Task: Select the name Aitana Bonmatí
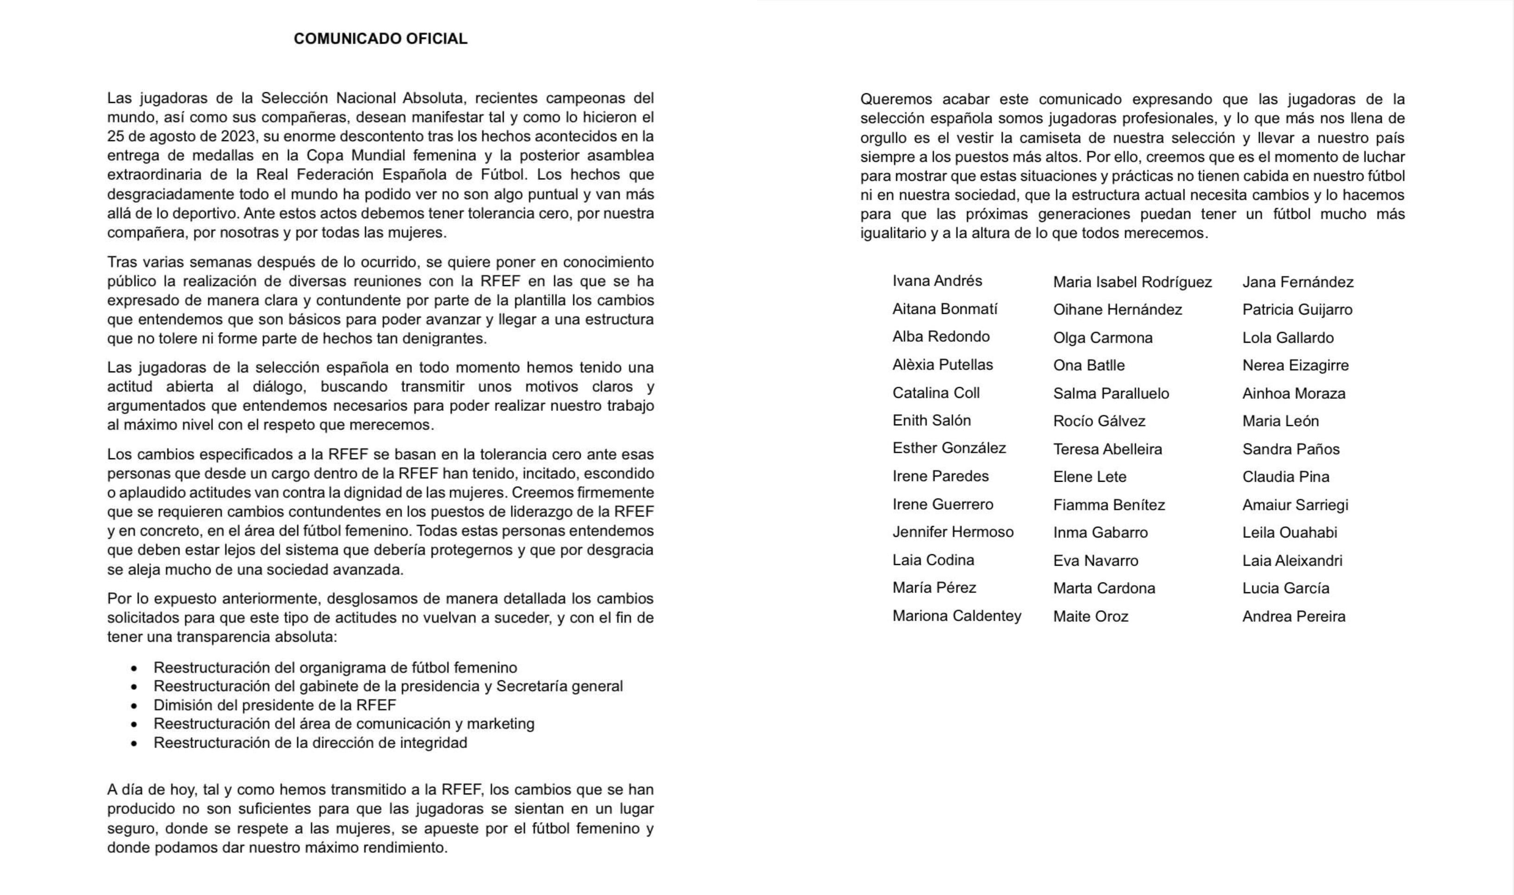(944, 309)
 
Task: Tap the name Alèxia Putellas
(942, 364)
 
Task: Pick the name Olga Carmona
(1103, 338)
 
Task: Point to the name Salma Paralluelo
(1110, 393)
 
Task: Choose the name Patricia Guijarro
(1297, 309)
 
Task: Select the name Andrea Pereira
(1293, 616)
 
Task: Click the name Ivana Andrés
(937, 281)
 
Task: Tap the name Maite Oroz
(1090, 616)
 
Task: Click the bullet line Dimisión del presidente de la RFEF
(275, 705)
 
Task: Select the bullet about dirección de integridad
(310, 742)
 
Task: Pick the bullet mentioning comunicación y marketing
(344, 724)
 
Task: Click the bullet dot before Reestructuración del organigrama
(134, 668)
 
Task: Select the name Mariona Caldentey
(956, 616)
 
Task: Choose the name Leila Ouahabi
(1289, 532)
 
